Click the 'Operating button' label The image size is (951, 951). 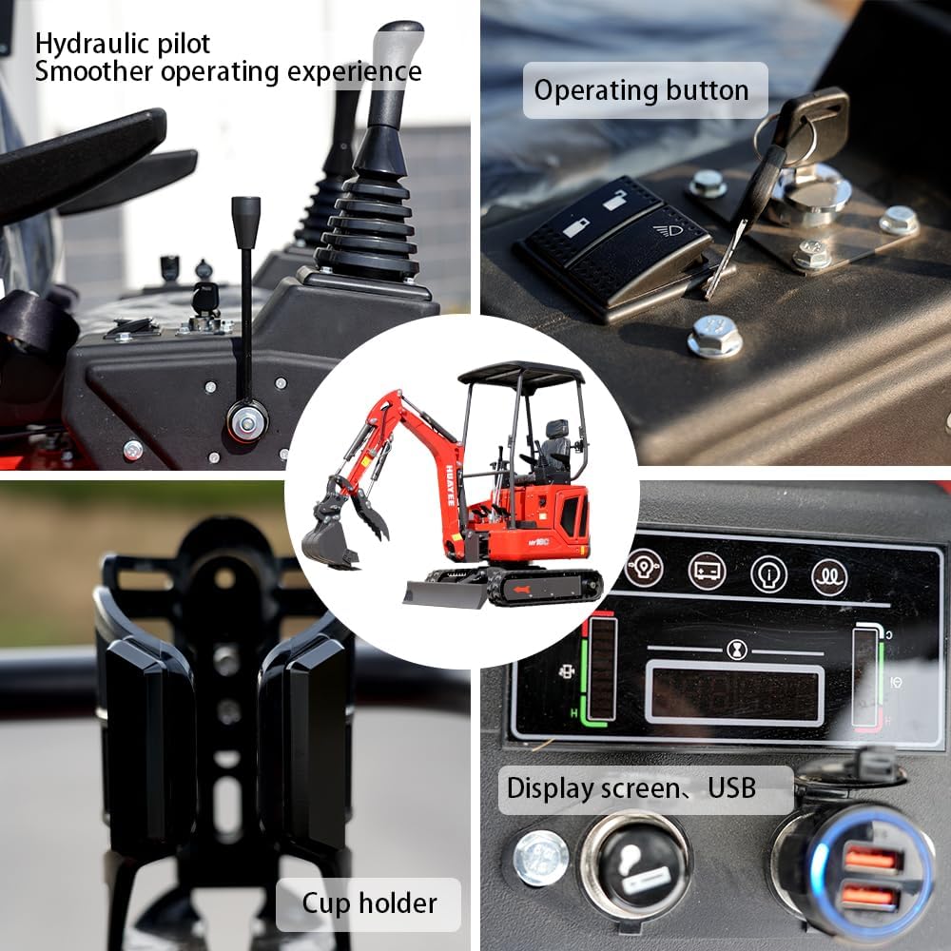[641, 90]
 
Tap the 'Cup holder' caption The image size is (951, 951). [369, 903]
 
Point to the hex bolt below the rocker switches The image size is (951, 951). [714, 335]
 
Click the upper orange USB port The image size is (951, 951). [871, 859]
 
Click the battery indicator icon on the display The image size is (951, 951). [707, 571]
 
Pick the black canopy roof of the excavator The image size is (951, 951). [521, 373]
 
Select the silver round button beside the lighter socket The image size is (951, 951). [541, 857]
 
